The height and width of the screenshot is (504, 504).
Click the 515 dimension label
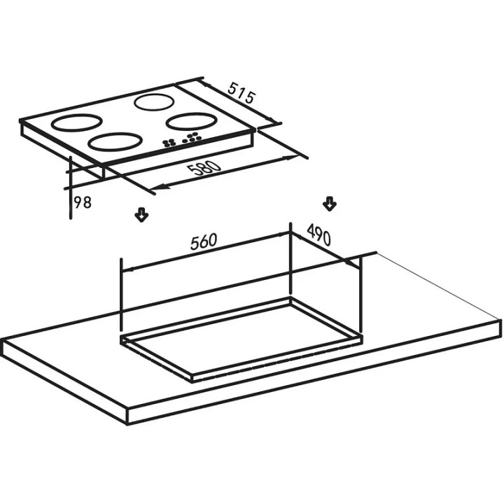coord(241,93)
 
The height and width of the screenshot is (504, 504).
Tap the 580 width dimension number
coord(204,168)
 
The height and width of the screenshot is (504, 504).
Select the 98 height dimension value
coord(83,202)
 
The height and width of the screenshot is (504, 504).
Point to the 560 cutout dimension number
coord(204,241)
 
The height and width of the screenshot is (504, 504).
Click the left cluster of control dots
coord(169,143)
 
